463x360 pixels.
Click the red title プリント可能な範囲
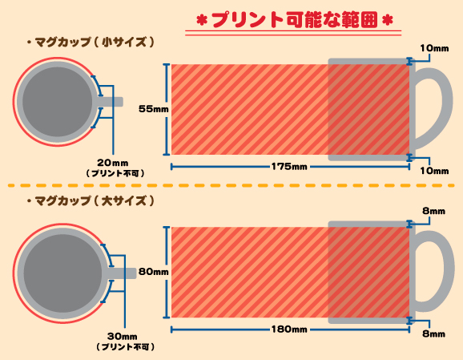click(x=295, y=20)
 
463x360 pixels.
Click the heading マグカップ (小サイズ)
click(x=91, y=42)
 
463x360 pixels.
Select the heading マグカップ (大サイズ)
click(x=91, y=201)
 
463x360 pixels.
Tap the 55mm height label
click(x=154, y=109)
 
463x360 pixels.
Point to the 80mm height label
click(x=154, y=272)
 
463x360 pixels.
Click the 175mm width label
click(x=289, y=167)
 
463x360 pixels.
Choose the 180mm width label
click(x=289, y=330)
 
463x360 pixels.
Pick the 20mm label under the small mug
click(x=113, y=163)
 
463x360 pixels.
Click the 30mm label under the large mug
click(x=123, y=337)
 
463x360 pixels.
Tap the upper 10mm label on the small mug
click(x=434, y=48)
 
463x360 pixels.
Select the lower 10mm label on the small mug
click(x=434, y=171)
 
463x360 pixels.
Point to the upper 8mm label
click(x=434, y=211)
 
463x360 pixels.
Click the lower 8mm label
click(x=434, y=334)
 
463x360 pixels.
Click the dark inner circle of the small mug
click(x=58, y=102)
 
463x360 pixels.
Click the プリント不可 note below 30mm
click(x=125, y=346)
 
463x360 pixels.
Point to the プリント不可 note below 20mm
click(x=115, y=173)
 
